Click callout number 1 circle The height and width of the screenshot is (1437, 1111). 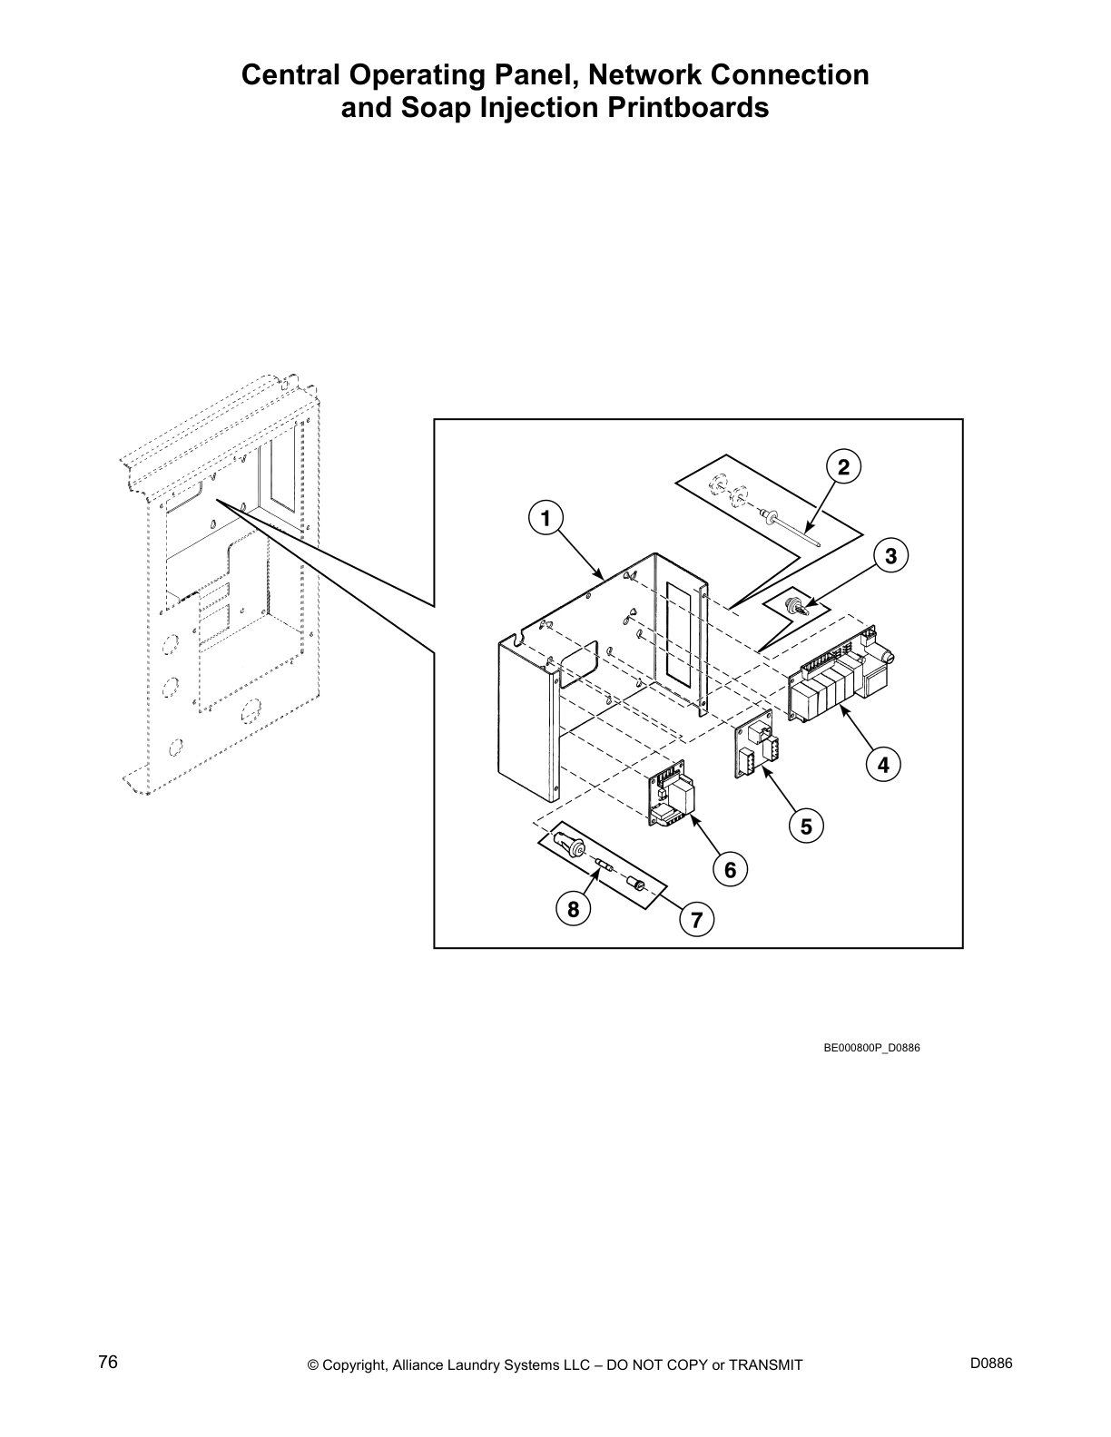pos(545,519)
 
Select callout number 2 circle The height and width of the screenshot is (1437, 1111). pos(843,467)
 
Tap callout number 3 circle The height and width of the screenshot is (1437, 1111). pos(890,555)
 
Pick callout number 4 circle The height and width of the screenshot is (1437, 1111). pos(883,765)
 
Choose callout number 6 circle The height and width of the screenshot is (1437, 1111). pos(730,870)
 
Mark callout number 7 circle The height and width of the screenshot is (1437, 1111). pos(696,920)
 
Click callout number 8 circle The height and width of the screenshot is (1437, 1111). pos(573,907)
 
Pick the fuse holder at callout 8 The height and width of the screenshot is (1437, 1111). pos(576,849)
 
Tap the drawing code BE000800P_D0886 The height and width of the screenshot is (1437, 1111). pos(871,1048)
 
